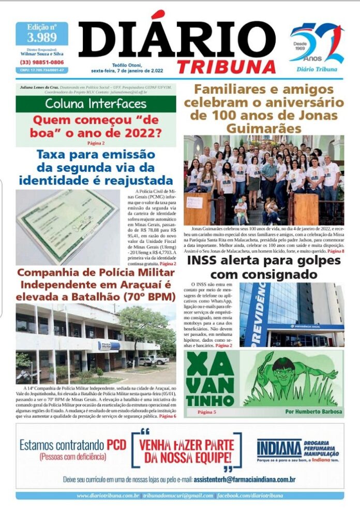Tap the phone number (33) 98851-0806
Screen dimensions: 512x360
[x=42, y=62]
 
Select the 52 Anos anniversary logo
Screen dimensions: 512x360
[x=317, y=46]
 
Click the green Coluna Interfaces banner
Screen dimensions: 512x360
[x=96, y=104]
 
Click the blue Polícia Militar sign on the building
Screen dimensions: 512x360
[x=109, y=346]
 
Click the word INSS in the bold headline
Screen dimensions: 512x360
[x=209, y=260]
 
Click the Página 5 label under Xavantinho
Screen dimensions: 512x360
[x=209, y=412]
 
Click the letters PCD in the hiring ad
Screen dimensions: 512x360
[x=116, y=445]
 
